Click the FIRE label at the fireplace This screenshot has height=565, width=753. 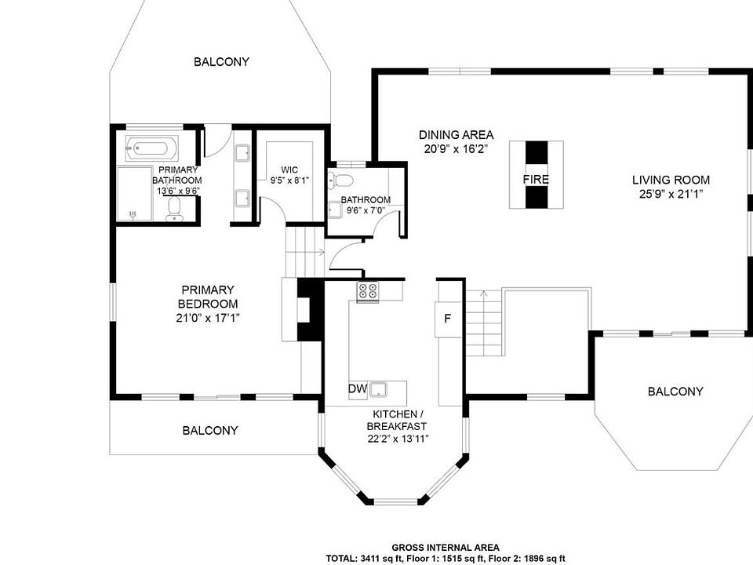click(536, 180)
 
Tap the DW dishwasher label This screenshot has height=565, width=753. click(358, 389)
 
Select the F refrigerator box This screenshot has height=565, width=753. click(448, 319)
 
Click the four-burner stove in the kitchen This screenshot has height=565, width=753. click(367, 291)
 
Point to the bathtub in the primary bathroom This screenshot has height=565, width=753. click(151, 148)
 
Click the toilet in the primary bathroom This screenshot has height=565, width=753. click(174, 210)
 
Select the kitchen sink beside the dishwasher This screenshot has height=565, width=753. click(379, 389)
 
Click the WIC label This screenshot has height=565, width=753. click(289, 169)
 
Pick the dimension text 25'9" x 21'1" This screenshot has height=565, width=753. click(671, 194)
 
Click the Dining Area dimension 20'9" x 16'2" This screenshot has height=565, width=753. click(457, 149)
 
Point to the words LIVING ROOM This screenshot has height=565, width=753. click(671, 180)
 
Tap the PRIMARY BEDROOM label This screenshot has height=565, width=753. click(207, 297)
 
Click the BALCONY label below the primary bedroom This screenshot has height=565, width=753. click(210, 431)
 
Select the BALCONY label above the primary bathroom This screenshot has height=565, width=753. click(221, 62)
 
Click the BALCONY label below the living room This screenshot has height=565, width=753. click(675, 392)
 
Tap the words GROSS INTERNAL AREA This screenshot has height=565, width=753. click(446, 548)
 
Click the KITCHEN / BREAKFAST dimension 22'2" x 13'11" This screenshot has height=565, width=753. click(397, 439)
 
